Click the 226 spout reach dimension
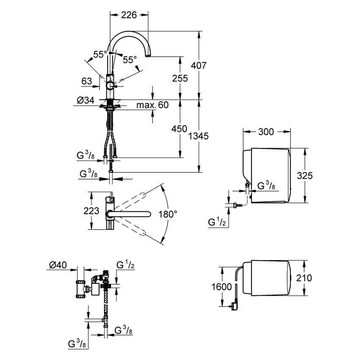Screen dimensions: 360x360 pyautogui.click(x=129, y=15)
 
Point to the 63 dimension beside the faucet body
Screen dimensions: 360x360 pyautogui.click(x=87, y=80)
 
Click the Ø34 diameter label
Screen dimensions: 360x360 pyautogui.click(x=86, y=100)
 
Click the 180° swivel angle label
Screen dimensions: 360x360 pyautogui.click(x=168, y=214)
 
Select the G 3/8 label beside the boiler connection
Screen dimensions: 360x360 pyautogui.click(x=265, y=185)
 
